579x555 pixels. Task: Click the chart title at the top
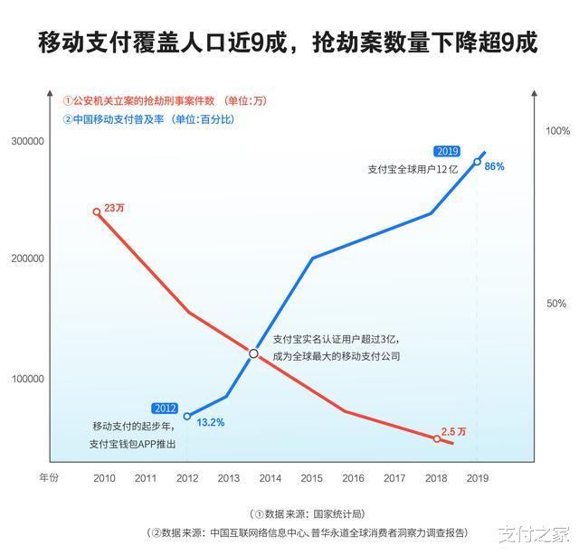[x=289, y=42]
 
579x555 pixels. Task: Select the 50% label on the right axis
[x=556, y=304]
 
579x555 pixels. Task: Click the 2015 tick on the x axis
[x=311, y=478]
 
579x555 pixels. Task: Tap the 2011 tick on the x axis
[x=146, y=478]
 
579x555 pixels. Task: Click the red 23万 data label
[x=115, y=208]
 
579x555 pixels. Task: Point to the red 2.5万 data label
[x=454, y=431]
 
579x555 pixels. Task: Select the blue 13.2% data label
[x=210, y=422]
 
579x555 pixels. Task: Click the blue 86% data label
[x=494, y=167]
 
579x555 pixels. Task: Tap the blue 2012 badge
[x=166, y=408]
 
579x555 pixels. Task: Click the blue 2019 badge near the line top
[x=447, y=151]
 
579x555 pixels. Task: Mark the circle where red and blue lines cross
[x=254, y=353]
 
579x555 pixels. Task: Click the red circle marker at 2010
[x=97, y=212]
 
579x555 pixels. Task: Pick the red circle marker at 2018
[x=436, y=438]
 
